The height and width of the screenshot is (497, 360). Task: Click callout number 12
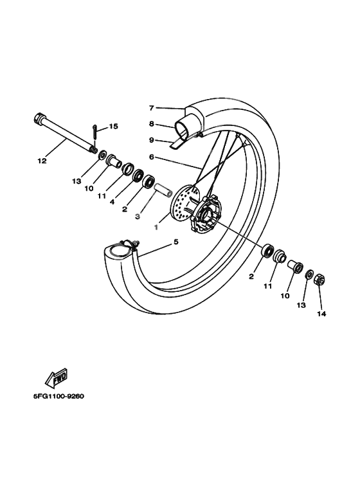42,161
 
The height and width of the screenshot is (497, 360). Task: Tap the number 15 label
113,127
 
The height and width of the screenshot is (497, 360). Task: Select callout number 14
321,314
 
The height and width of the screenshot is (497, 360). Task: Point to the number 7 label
152,108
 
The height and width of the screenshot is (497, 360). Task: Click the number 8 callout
152,124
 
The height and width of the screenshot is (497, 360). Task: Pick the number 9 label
152,140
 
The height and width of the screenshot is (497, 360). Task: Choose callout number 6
152,156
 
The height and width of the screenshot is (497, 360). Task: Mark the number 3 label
138,217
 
